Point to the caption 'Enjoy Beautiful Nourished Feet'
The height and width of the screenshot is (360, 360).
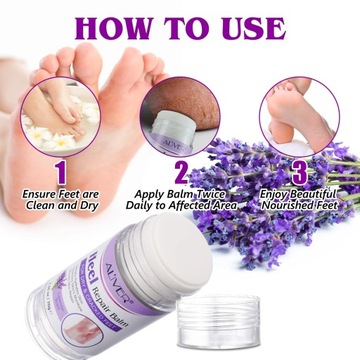tap(298, 197)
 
